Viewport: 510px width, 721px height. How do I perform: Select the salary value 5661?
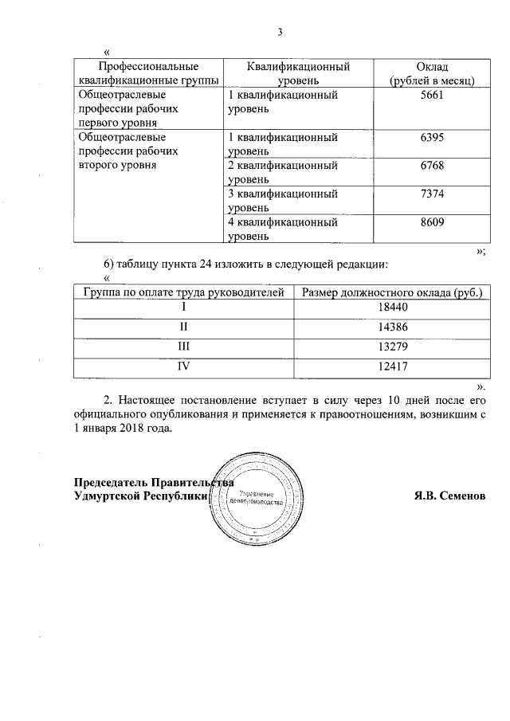430,95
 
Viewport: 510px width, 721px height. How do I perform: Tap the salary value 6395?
430,138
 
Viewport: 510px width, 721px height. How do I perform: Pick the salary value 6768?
430,166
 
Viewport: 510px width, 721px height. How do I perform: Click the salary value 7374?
430,194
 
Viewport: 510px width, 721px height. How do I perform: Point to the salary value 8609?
430,221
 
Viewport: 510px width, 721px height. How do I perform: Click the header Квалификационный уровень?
299,73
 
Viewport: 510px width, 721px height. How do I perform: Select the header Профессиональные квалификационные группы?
148,73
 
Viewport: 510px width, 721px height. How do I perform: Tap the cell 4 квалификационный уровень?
283,229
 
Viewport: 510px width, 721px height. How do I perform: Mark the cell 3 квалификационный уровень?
283,201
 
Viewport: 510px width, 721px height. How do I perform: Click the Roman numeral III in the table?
184,347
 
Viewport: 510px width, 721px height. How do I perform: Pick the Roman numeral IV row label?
184,368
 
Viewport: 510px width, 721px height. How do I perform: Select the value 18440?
391,306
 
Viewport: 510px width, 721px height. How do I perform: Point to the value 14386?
391,327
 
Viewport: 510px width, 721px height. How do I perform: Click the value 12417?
391,368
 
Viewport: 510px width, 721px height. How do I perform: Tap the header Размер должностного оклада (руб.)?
391,292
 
